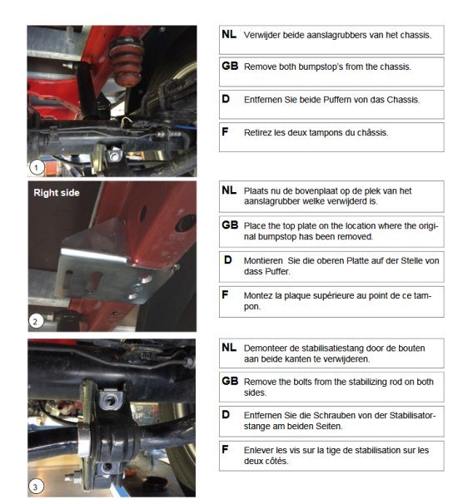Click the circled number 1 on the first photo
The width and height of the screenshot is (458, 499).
[x=36, y=167]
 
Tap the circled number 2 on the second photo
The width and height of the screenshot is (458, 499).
[x=36, y=321]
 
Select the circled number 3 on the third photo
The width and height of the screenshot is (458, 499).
[x=36, y=487]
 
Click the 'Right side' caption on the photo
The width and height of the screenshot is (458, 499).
[x=57, y=193]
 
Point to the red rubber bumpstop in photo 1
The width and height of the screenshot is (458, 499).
[x=127, y=62]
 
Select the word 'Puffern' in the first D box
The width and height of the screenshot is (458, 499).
[x=339, y=100]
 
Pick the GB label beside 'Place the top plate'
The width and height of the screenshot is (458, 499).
[x=230, y=225]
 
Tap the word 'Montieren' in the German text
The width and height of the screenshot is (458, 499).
[x=263, y=261]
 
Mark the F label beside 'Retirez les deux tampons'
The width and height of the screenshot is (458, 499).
[x=225, y=131]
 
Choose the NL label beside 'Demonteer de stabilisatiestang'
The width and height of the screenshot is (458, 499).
[x=229, y=347]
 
